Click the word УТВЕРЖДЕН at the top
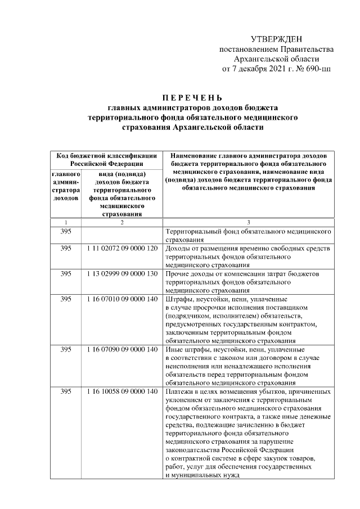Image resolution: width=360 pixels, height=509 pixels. [276, 38]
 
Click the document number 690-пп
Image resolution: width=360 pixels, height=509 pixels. [317, 69]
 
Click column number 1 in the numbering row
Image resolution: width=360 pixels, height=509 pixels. [66, 222]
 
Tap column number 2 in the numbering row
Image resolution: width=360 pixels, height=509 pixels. [122, 222]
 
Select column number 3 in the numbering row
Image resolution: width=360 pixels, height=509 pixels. [248, 222]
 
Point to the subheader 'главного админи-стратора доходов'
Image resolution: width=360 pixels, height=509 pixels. [66, 186]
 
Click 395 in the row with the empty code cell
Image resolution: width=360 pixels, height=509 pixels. [66, 231]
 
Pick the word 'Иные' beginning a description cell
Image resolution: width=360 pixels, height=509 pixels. [175, 350]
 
